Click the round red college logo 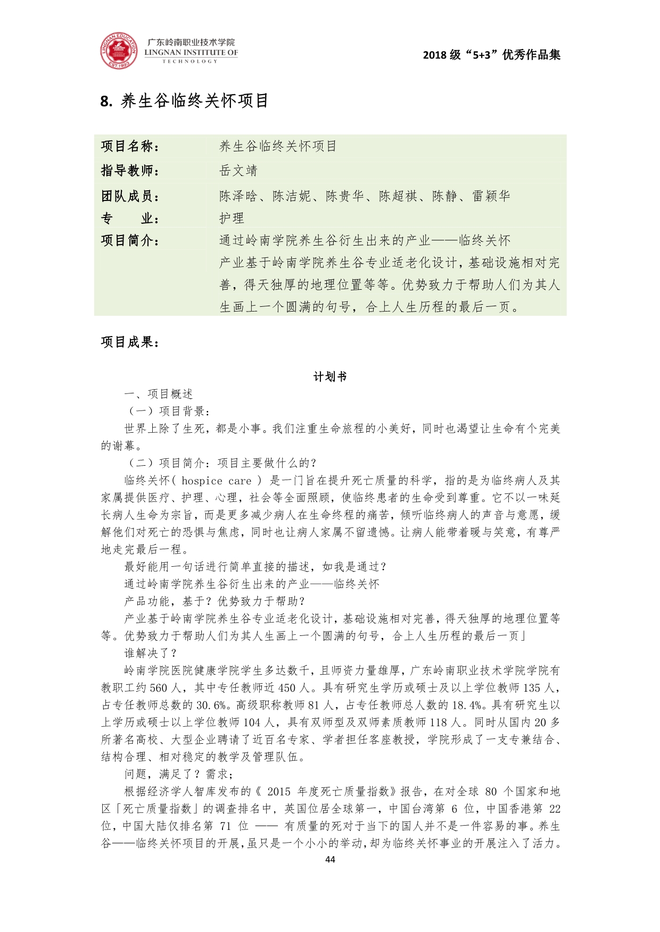pos(119,52)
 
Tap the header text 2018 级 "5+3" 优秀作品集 pos(491,55)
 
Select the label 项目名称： pos(130,146)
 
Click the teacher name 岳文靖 pos(238,171)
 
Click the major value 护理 pos(232,218)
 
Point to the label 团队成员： pos(130,196)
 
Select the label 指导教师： pos(130,171)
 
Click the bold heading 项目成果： pos(130,342)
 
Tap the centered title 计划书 pos(330,376)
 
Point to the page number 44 pos(330,860)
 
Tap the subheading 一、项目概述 pos(158,394)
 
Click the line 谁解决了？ pos(150,653)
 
